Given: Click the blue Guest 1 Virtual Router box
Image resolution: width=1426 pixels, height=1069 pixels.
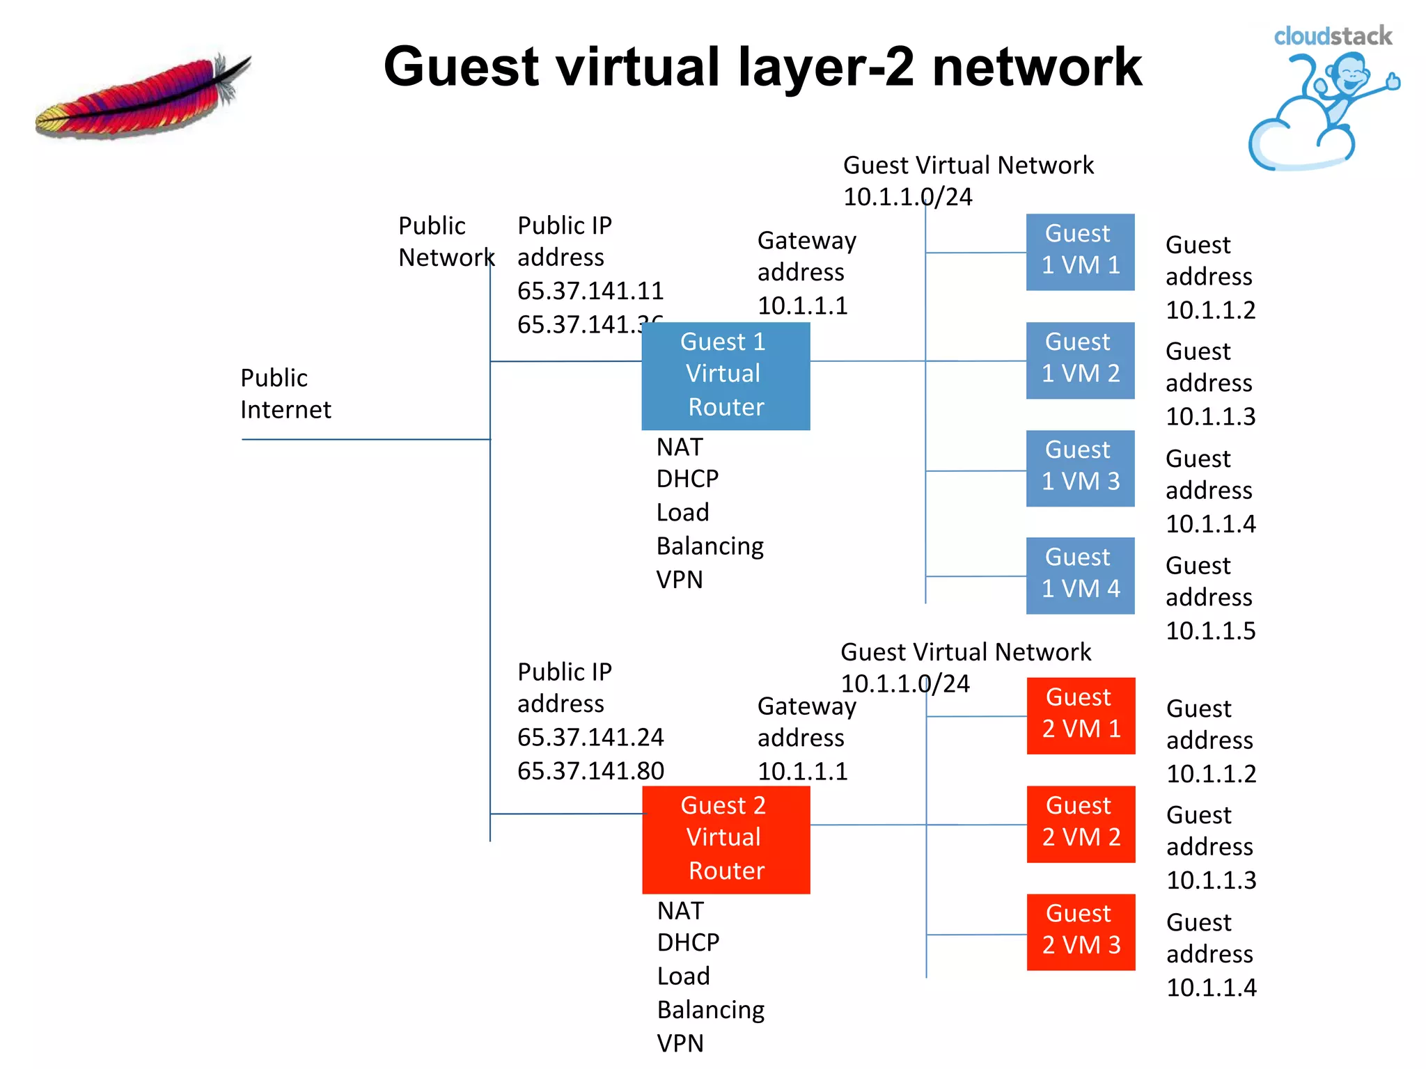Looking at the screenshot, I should click(726, 376).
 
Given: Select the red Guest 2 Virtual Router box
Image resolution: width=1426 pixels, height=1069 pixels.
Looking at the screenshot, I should click(726, 839).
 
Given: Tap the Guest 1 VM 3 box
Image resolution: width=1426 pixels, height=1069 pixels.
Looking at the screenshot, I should click(1080, 468).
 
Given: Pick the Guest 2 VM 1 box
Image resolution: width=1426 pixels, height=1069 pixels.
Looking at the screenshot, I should click(1081, 715).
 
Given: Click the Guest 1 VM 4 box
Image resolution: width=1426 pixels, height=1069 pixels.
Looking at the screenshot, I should click(1080, 575).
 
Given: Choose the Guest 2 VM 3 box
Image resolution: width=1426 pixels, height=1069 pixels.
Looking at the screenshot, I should click(1081, 931).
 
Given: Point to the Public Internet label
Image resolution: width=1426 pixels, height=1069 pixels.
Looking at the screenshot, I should click(285, 394).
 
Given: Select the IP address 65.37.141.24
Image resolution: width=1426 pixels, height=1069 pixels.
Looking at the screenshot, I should click(590, 737).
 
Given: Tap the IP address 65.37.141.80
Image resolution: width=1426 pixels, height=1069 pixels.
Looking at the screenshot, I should click(590, 771).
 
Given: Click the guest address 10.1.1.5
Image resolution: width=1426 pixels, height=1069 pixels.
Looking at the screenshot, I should click(1210, 631).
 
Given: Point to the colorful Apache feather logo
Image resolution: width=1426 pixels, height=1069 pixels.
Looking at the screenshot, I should click(143, 97).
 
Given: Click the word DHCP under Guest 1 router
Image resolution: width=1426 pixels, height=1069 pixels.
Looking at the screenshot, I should click(687, 479).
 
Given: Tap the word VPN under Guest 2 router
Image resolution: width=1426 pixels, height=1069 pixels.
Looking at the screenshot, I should click(680, 1043).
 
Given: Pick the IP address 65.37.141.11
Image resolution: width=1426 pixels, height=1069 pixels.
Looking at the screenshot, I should click(590, 291).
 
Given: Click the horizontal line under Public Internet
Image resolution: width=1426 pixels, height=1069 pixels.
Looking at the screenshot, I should click(366, 439).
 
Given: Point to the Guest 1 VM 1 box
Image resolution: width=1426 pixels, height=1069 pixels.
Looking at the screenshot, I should click(1080, 252).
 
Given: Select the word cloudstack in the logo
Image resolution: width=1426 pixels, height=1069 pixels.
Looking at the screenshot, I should click(1332, 36).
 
